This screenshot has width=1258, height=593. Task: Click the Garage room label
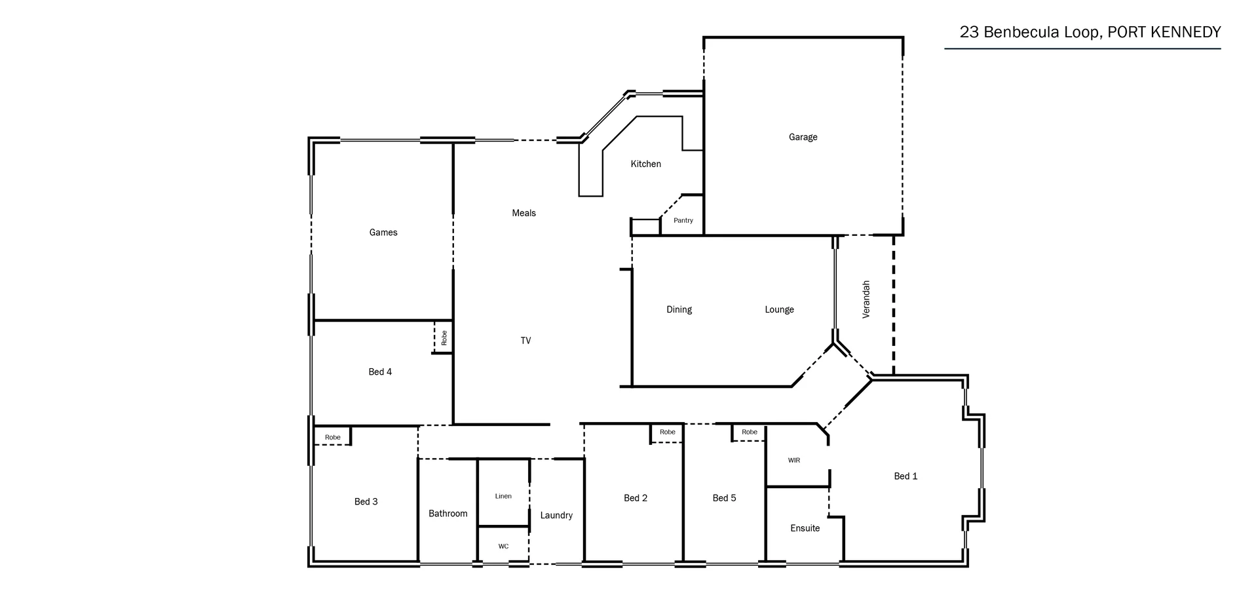(803, 137)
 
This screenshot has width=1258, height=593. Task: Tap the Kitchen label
(645, 164)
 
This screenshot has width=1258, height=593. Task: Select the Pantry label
(683, 221)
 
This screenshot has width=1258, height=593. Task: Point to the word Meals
(524, 213)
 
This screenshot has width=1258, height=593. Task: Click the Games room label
(383, 233)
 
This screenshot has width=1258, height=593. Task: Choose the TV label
(525, 341)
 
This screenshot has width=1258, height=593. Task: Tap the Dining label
(679, 309)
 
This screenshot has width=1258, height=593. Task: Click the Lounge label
(779, 309)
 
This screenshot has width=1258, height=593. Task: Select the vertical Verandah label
(866, 299)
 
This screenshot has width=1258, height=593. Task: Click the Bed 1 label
(905, 476)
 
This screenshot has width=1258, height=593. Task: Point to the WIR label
(793, 461)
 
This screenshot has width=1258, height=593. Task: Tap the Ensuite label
(805, 528)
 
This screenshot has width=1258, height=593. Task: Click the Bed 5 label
(724, 498)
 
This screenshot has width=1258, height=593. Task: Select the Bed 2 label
(635, 498)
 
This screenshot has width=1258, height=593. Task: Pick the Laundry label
(556, 516)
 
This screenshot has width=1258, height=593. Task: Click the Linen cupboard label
(503, 496)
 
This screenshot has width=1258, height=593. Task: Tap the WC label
(503, 546)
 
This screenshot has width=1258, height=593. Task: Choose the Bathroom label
(448, 514)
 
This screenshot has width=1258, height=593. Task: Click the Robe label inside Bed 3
(332, 438)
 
